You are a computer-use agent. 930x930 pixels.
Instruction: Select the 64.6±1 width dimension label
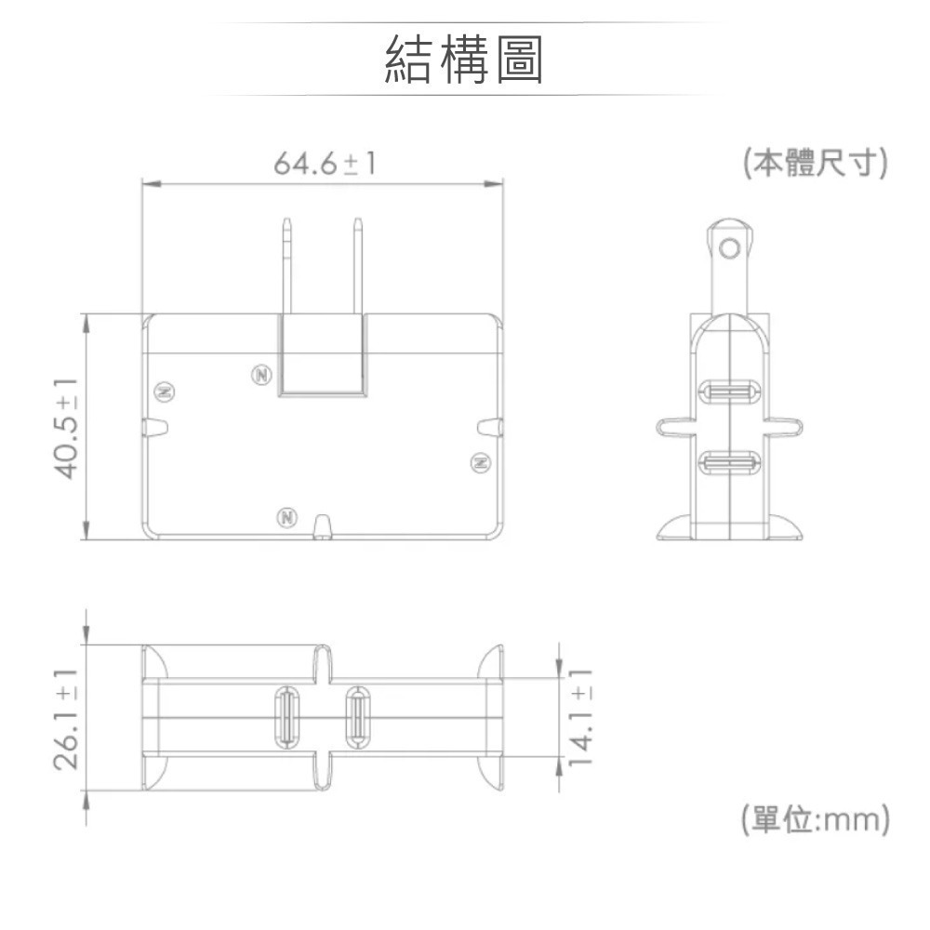pos(325,165)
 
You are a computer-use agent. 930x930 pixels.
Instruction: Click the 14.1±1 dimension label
pos(581,716)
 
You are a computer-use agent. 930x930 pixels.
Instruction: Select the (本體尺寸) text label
pos(815,164)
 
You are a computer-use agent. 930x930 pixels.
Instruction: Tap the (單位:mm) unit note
pos(815,820)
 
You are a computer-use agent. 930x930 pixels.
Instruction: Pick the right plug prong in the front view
pos(357,265)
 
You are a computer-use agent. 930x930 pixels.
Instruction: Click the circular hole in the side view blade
pos(731,248)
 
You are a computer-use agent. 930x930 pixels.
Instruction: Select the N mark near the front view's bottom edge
pos(287,516)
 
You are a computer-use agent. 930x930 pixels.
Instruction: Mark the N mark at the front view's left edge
pos(164,391)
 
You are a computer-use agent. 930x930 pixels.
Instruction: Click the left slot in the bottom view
pos(286,716)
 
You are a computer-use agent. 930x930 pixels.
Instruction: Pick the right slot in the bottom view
pos(356,716)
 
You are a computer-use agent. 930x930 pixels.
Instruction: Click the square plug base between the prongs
pos(322,355)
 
